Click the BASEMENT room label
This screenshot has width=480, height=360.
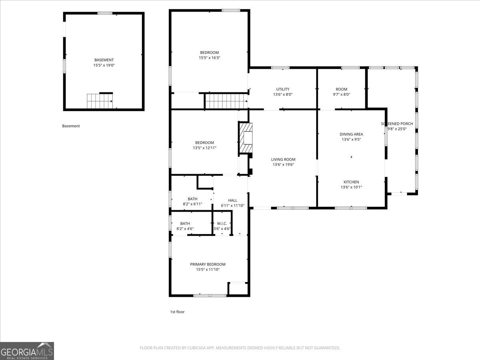tap(104, 60)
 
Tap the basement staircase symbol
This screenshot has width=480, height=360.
tap(100, 101)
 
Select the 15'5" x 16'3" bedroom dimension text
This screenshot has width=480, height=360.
tap(209, 58)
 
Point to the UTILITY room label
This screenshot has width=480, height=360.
tap(282, 89)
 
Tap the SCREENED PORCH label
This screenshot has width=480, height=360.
tap(397, 124)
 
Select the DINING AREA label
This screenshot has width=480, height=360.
tap(351, 134)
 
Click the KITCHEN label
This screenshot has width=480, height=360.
tap(351, 182)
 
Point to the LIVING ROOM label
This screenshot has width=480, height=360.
tap(284, 159)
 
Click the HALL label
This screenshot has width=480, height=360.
tap(232, 200)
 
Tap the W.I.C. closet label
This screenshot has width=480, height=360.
tap(222, 224)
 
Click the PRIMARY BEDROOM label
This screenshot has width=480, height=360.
tap(208, 264)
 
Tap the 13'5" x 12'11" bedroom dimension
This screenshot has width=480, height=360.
tap(204, 148)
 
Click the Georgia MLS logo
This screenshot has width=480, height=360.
tap(27, 351)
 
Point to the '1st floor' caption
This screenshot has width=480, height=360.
tap(177, 312)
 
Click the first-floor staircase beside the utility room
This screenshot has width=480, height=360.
tap(226, 101)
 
